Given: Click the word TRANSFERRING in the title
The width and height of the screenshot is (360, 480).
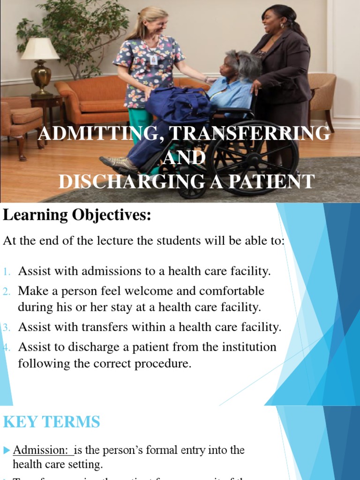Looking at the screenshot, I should coord(249,134).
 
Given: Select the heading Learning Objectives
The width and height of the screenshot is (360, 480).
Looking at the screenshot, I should coord(77,215).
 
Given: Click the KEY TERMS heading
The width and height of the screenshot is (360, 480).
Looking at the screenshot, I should coord(52,422).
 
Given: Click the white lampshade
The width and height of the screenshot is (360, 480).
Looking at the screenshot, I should coord(40,49).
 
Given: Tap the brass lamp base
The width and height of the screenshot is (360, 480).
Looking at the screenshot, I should coord(41,77).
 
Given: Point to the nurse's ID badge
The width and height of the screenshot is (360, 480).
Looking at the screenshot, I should coord(153,60).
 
